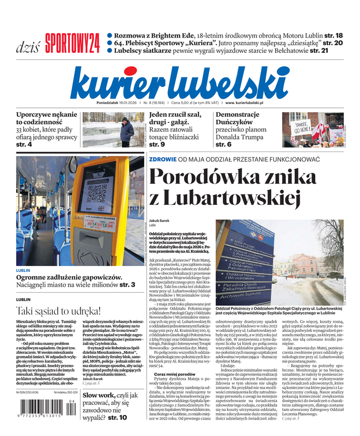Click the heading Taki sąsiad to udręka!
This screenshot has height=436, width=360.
click(x=58, y=311)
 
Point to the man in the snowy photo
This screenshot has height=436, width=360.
click(x=127, y=130)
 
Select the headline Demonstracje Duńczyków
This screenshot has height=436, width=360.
click(x=237, y=119)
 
